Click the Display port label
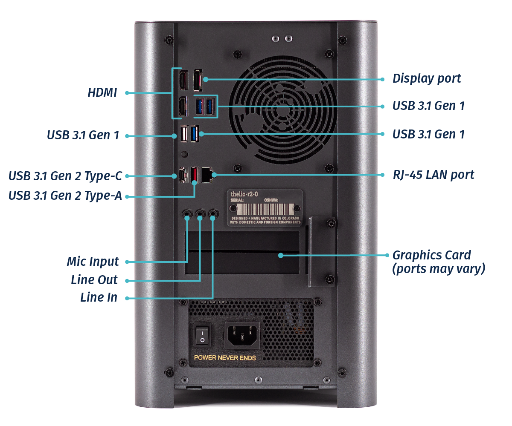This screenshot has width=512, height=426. pos(427,79)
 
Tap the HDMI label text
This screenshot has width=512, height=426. pos(102,92)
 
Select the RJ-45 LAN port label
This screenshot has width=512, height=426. pos(433,175)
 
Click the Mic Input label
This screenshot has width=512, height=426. pos(93,262)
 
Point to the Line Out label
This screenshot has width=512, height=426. pos(94,280)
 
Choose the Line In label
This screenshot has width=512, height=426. pos(99,297)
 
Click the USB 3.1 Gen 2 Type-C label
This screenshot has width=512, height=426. pos(65,176)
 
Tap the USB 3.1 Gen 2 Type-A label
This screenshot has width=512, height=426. pos(65,196)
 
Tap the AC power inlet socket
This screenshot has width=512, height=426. pos(242,334)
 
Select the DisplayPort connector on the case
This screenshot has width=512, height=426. pos(198,80)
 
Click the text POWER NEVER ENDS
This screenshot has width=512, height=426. pos(225,358)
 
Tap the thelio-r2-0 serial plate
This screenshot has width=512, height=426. pos(264,207)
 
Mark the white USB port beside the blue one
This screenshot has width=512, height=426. pos(184,135)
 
